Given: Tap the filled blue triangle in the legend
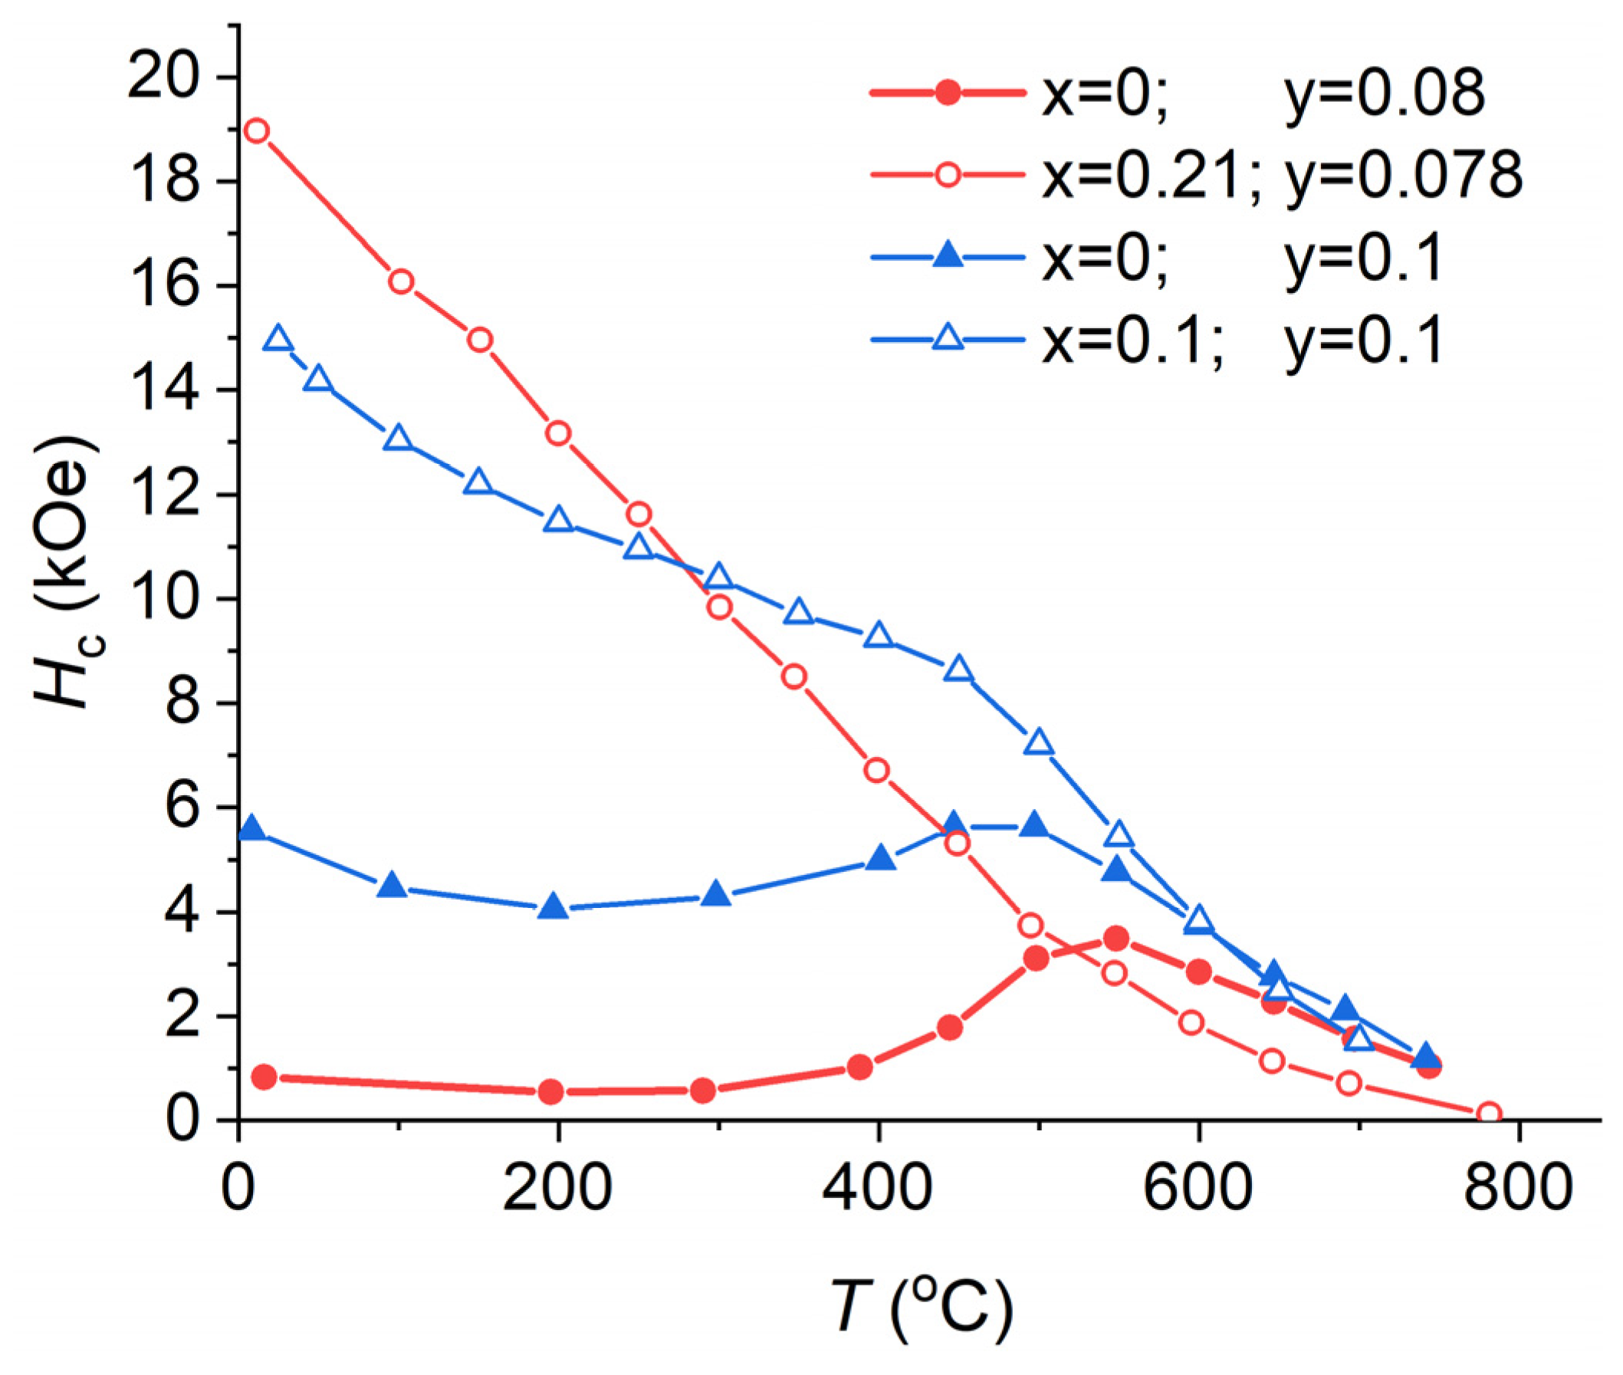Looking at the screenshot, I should tap(948, 256).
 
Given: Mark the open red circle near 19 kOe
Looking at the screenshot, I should tap(256, 131).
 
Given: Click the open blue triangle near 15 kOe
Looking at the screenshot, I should tap(278, 339).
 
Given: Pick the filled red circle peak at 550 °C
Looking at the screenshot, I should tap(1116, 939).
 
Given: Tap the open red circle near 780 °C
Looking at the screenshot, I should tap(1489, 1113).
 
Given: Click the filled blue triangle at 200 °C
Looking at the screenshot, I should tap(554, 906).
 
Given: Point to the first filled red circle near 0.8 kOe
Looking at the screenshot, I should tap(264, 1077).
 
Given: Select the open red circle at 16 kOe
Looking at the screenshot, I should tap(400, 282).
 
